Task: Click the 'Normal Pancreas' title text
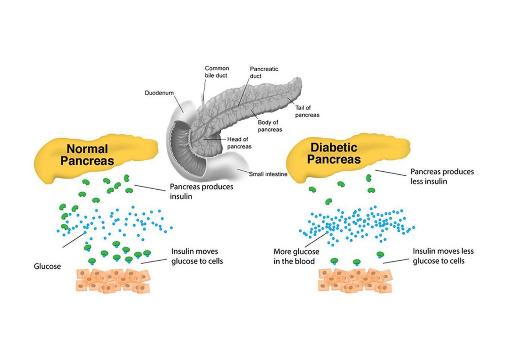pyautogui.click(x=87, y=155)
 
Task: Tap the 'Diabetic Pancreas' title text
pyautogui.click(x=334, y=153)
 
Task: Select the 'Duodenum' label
pyautogui.click(x=159, y=93)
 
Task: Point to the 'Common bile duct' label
pyautogui.click(x=217, y=72)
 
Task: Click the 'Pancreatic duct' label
pyautogui.click(x=264, y=72)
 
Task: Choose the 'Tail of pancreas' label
pyautogui.click(x=307, y=111)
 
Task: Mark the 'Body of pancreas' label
pyautogui.click(x=270, y=126)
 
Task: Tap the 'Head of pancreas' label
pyautogui.click(x=239, y=143)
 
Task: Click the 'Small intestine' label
pyautogui.click(x=268, y=174)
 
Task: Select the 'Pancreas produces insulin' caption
pyautogui.click(x=201, y=192)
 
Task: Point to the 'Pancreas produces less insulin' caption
pyautogui.click(x=442, y=176)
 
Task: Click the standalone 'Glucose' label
pyautogui.click(x=47, y=267)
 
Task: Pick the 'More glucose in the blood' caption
pyautogui.click(x=296, y=257)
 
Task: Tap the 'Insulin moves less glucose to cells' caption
pyautogui.click(x=443, y=256)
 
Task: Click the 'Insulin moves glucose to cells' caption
pyautogui.click(x=197, y=256)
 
